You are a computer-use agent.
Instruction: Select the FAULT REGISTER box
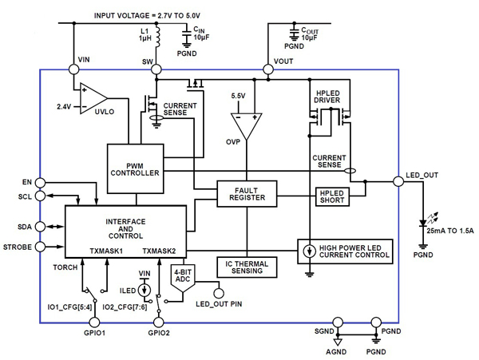point(247,192)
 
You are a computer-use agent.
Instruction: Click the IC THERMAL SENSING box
point(247,267)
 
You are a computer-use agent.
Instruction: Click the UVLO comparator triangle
point(94,100)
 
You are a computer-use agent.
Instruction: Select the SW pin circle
point(156,69)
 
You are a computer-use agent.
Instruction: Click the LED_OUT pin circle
point(397,182)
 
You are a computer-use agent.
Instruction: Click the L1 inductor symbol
point(156,36)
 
